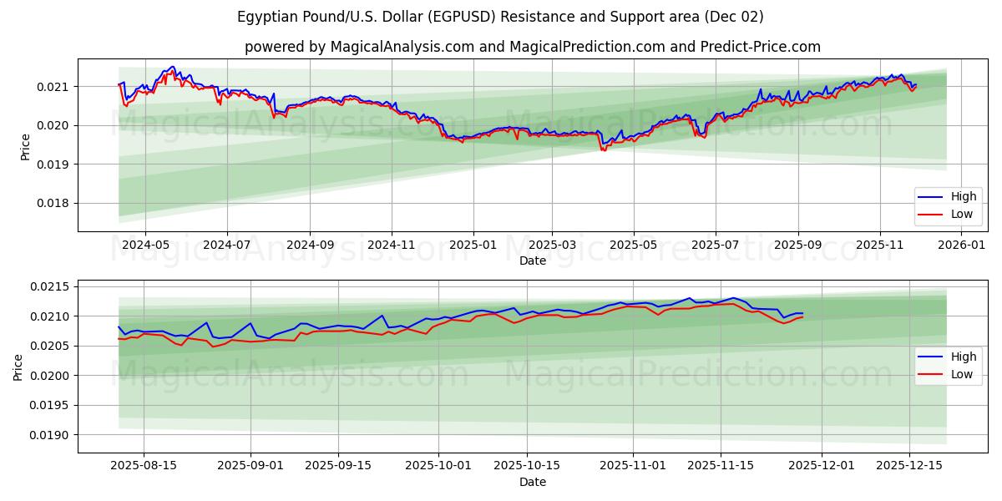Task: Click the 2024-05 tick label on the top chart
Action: pos(145,245)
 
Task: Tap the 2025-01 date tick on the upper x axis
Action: pos(473,245)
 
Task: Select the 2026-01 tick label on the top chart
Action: pos(962,245)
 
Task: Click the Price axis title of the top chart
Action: pos(25,147)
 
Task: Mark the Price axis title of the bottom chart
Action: pos(18,367)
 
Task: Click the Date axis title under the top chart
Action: pos(533,261)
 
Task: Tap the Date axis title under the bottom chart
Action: pos(533,482)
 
